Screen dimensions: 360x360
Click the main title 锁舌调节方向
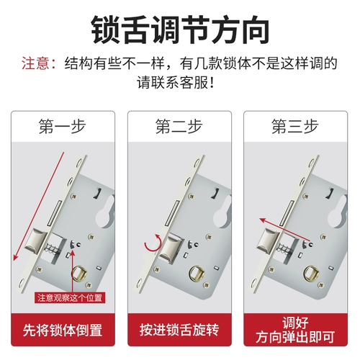pyautogui.click(x=180, y=30)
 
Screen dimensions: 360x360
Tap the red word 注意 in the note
pyautogui.click(x=35, y=63)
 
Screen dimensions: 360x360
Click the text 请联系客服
pyautogui.click(x=172, y=83)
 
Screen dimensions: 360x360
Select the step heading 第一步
pyautogui.click(x=63, y=126)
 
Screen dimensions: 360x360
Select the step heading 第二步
pyautogui.click(x=179, y=126)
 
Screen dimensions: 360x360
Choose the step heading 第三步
pyautogui.click(x=295, y=126)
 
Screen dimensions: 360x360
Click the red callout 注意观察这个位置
pyautogui.click(x=70, y=298)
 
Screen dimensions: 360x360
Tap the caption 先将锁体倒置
pyautogui.click(x=63, y=330)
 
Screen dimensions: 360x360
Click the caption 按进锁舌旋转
pyautogui.click(x=179, y=330)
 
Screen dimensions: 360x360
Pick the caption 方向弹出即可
pyautogui.click(x=295, y=337)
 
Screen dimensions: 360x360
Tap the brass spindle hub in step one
pyautogui.click(x=80, y=274)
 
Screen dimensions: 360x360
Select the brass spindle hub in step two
pyautogui.click(x=197, y=274)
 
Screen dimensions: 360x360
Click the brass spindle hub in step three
pyautogui.click(x=311, y=274)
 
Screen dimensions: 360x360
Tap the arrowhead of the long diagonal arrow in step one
pyautogui.click(x=15, y=258)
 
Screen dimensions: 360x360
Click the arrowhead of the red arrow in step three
pyautogui.click(x=263, y=220)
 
